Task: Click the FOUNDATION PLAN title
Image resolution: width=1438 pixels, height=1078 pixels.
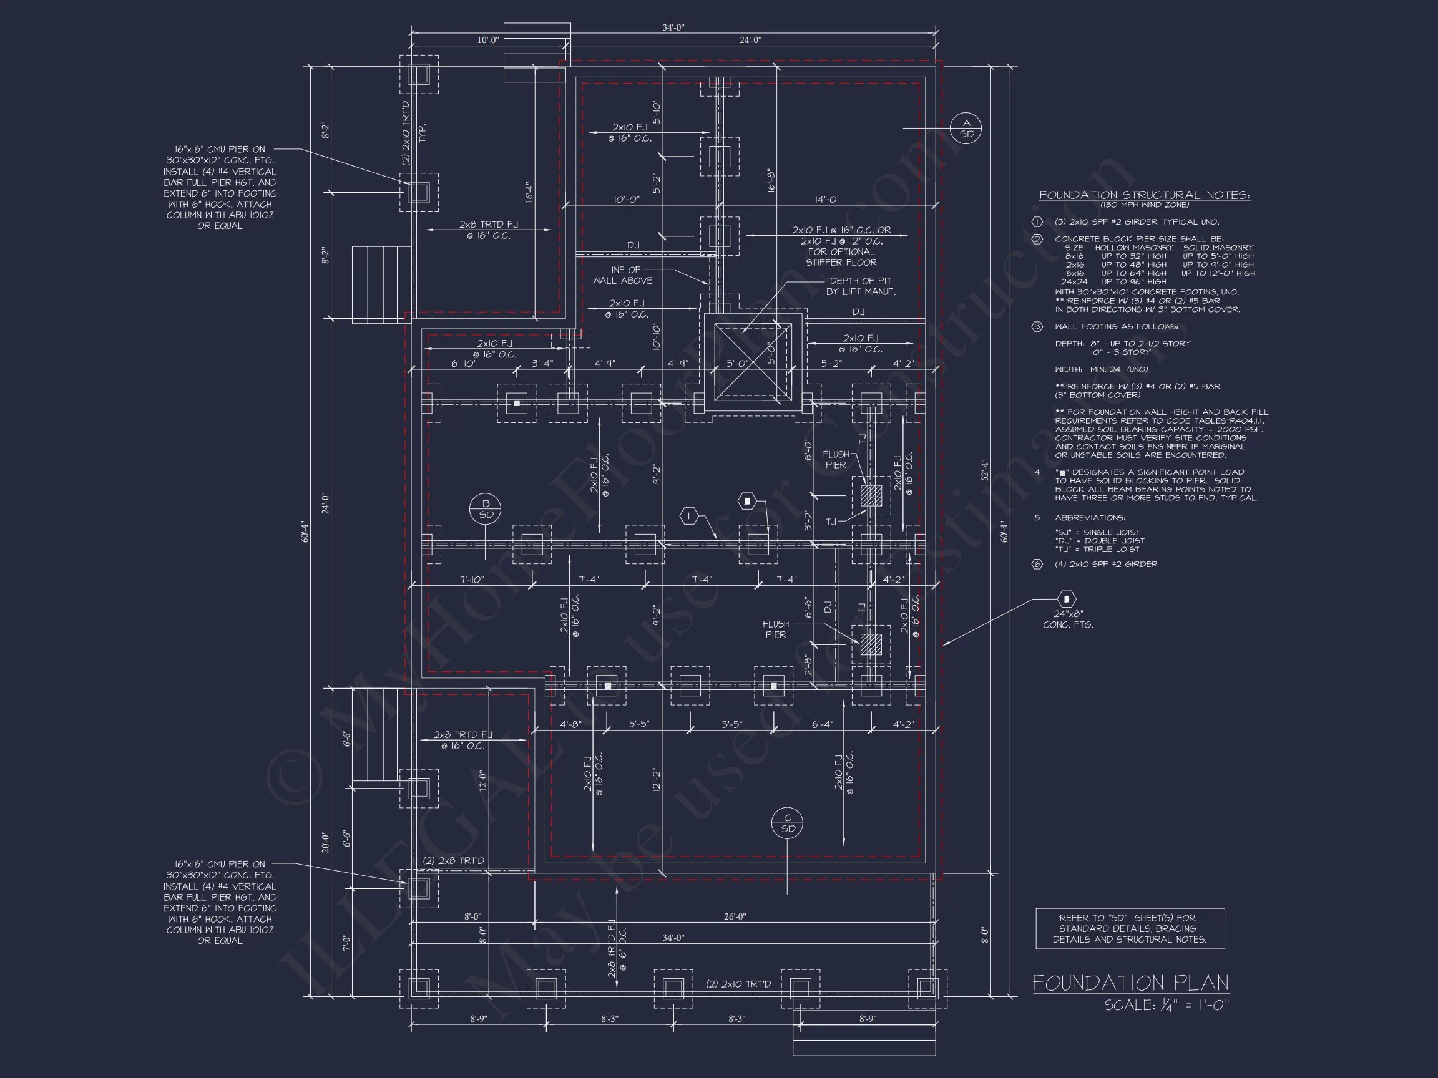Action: tap(1130, 983)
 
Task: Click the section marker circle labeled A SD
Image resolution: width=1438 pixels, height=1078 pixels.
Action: tap(966, 128)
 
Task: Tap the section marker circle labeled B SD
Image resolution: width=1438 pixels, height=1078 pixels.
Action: tap(486, 509)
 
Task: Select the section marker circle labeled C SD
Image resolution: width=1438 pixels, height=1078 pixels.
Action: tap(787, 823)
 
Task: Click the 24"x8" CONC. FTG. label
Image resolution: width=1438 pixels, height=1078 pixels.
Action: tap(1068, 619)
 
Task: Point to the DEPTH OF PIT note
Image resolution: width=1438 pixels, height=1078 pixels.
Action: tap(860, 286)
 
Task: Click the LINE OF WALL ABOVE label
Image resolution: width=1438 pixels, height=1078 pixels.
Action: tap(622, 275)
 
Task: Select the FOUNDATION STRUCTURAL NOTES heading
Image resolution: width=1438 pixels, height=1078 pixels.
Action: tap(1144, 195)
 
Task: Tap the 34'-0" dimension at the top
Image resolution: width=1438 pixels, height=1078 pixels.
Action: tap(673, 27)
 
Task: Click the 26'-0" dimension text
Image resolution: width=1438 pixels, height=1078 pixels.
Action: tap(735, 916)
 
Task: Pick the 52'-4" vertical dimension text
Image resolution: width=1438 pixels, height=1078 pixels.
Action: tap(985, 470)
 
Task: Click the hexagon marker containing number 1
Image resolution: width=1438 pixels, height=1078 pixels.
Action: tap(688, 517)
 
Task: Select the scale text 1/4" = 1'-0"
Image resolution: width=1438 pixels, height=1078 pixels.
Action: tap(1167, 1004)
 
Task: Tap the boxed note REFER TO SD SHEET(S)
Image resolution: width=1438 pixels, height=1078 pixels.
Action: tap(1130, 928)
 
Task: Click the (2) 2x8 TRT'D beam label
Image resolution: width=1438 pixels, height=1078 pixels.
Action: tap(453, 860)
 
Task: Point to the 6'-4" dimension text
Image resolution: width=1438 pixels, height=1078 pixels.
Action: tap(822, 724)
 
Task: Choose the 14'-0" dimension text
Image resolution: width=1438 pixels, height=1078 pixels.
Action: tap(827, 200)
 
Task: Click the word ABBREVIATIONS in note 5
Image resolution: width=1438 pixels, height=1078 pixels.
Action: tap(1090, 518)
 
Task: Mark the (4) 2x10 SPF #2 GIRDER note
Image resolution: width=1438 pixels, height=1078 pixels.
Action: tap(1106, 564)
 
